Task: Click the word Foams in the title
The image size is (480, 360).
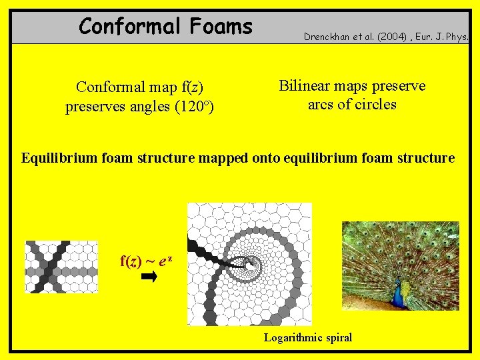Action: click(x=221, y=27)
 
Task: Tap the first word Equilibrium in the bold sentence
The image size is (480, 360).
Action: click(x=58, y=158)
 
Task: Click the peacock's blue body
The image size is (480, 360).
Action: click(x=398, y=294)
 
